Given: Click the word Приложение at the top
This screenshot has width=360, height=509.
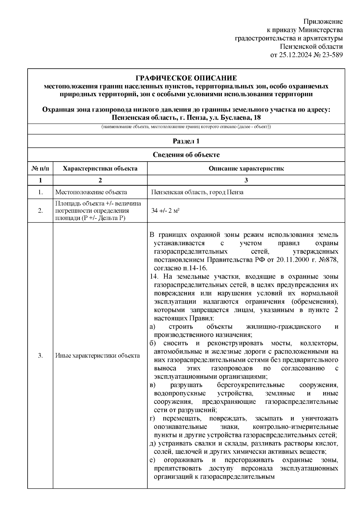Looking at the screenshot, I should [323, 22].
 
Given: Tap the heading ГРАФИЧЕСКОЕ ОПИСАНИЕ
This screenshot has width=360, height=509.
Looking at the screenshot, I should [186, 78].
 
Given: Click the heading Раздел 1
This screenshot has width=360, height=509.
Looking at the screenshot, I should [186, 141].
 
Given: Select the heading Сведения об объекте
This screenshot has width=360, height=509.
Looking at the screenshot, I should [186, 155].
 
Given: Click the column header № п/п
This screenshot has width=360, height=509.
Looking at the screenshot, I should [40, 168].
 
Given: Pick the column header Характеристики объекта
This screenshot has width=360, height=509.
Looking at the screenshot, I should [100, 168].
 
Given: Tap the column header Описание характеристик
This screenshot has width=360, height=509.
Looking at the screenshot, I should [246, 168].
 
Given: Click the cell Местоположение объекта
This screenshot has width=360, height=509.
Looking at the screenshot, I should [91, 192].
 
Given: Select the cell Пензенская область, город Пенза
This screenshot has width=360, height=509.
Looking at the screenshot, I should [197, 192].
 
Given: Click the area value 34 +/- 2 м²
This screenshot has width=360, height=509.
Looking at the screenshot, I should [165, 211].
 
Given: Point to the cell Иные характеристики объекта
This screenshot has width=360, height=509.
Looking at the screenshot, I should [97, 356].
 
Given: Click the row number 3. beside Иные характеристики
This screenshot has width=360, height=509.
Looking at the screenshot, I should [40, 356].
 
